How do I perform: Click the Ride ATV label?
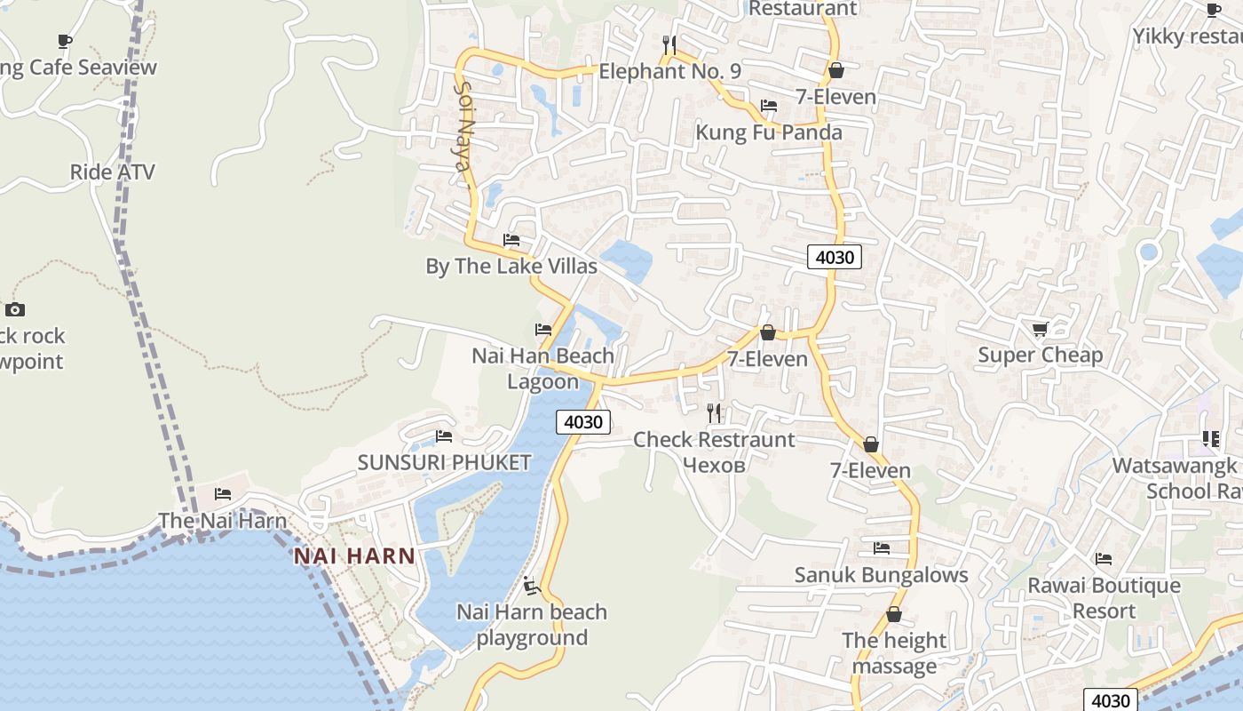[x=112, y=172]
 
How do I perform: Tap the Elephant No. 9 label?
[x=669, y=71]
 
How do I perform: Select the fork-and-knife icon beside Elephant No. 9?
[x=669, y=44]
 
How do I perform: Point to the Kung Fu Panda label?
[x=769, y=132]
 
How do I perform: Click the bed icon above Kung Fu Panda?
[x=769, y=105]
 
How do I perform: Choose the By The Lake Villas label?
[x=511, y=266]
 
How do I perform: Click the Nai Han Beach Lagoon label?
[x=542, y=369]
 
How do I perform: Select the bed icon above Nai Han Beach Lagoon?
[x=543, y=329]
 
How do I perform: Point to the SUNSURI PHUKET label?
[x=444, y=462]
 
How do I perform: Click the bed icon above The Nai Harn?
[x=223, y=493]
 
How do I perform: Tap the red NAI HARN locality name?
[x=354, y=556]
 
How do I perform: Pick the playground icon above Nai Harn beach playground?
[x=531, y=585]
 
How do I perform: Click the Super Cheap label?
[x=1040, y=355]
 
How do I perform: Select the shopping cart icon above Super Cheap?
[x=1040, y=329]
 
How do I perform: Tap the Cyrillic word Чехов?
[x=713, y=465]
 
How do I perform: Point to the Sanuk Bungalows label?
[x=881, y=574]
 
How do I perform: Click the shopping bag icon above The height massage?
[x=894, y=614]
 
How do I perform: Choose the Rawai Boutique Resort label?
[x=1104, y=598]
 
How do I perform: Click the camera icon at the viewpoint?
[x=14, y=309]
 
